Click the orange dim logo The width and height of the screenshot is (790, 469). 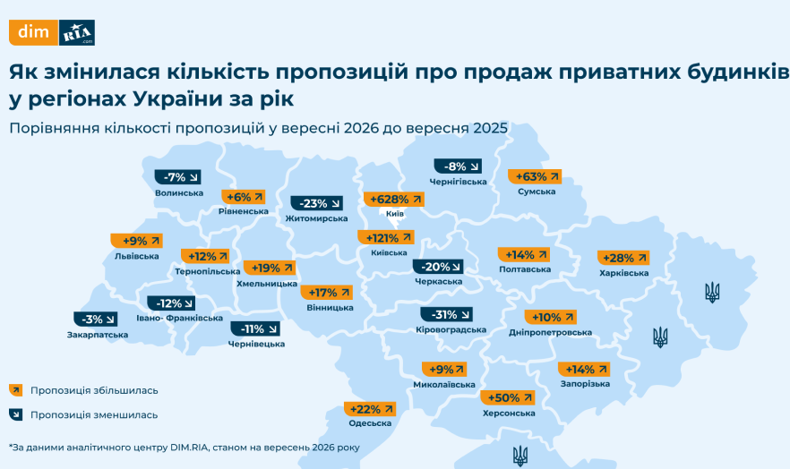(34, 33)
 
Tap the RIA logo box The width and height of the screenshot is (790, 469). (77, 33)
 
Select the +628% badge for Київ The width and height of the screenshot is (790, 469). (394, 200)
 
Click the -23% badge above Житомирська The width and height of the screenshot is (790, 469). (317, 203)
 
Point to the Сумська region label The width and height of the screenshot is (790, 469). (537, 192)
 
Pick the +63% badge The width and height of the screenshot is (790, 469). (535, 176)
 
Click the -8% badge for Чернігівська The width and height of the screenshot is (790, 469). (458, 166)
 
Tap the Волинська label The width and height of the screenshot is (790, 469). (179, 193)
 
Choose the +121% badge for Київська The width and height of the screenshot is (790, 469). (386, 237)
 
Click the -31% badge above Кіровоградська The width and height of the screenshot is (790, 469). (446, 314)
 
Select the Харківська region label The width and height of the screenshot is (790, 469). (623, 273)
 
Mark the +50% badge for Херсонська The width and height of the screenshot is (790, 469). (508, 397)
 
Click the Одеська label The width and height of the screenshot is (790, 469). (370, 423)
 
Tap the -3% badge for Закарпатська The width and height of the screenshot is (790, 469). (96, 319)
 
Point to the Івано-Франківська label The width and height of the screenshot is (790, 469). (179, 318)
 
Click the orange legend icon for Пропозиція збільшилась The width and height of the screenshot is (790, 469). (15, 390)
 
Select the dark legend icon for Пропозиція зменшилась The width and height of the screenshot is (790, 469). (15, 414)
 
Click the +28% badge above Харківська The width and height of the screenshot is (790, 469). (623, 258)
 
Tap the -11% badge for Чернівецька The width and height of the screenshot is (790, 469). (255, 329)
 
